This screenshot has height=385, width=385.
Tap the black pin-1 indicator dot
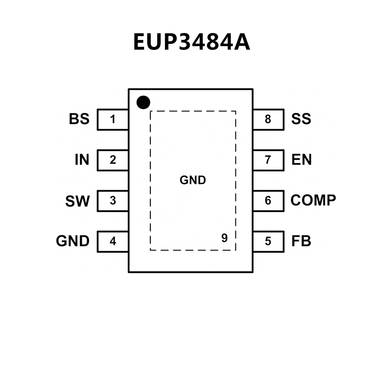tap(143, 102)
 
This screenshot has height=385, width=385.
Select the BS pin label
tap(79, 119)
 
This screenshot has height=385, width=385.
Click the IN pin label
tap(82, 160)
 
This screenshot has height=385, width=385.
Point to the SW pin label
tap(77, 201)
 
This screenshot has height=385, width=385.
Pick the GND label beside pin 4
tap(72, 241)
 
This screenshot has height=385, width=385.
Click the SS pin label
tap(301, 119)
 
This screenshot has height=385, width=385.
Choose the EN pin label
tap(301, 160)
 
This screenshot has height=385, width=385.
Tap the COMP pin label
tap(313, 200)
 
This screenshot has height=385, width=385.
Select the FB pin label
tap(301, 241)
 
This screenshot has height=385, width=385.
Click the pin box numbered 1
tap(113, 119)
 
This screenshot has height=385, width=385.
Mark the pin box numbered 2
tap(113, 160)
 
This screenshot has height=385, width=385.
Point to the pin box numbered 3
tap(113, 201)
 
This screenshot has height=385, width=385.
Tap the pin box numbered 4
tap(113, 242)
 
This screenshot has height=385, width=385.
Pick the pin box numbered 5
tap(268, 242)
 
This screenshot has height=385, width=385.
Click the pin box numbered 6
tap(268, 201)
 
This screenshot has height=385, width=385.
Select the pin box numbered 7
tap(268, 160)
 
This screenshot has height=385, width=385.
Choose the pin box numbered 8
tap(268, 119)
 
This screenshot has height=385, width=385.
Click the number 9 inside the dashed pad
tap(224, 238)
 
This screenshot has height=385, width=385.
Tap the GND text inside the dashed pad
tap(193, 180)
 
